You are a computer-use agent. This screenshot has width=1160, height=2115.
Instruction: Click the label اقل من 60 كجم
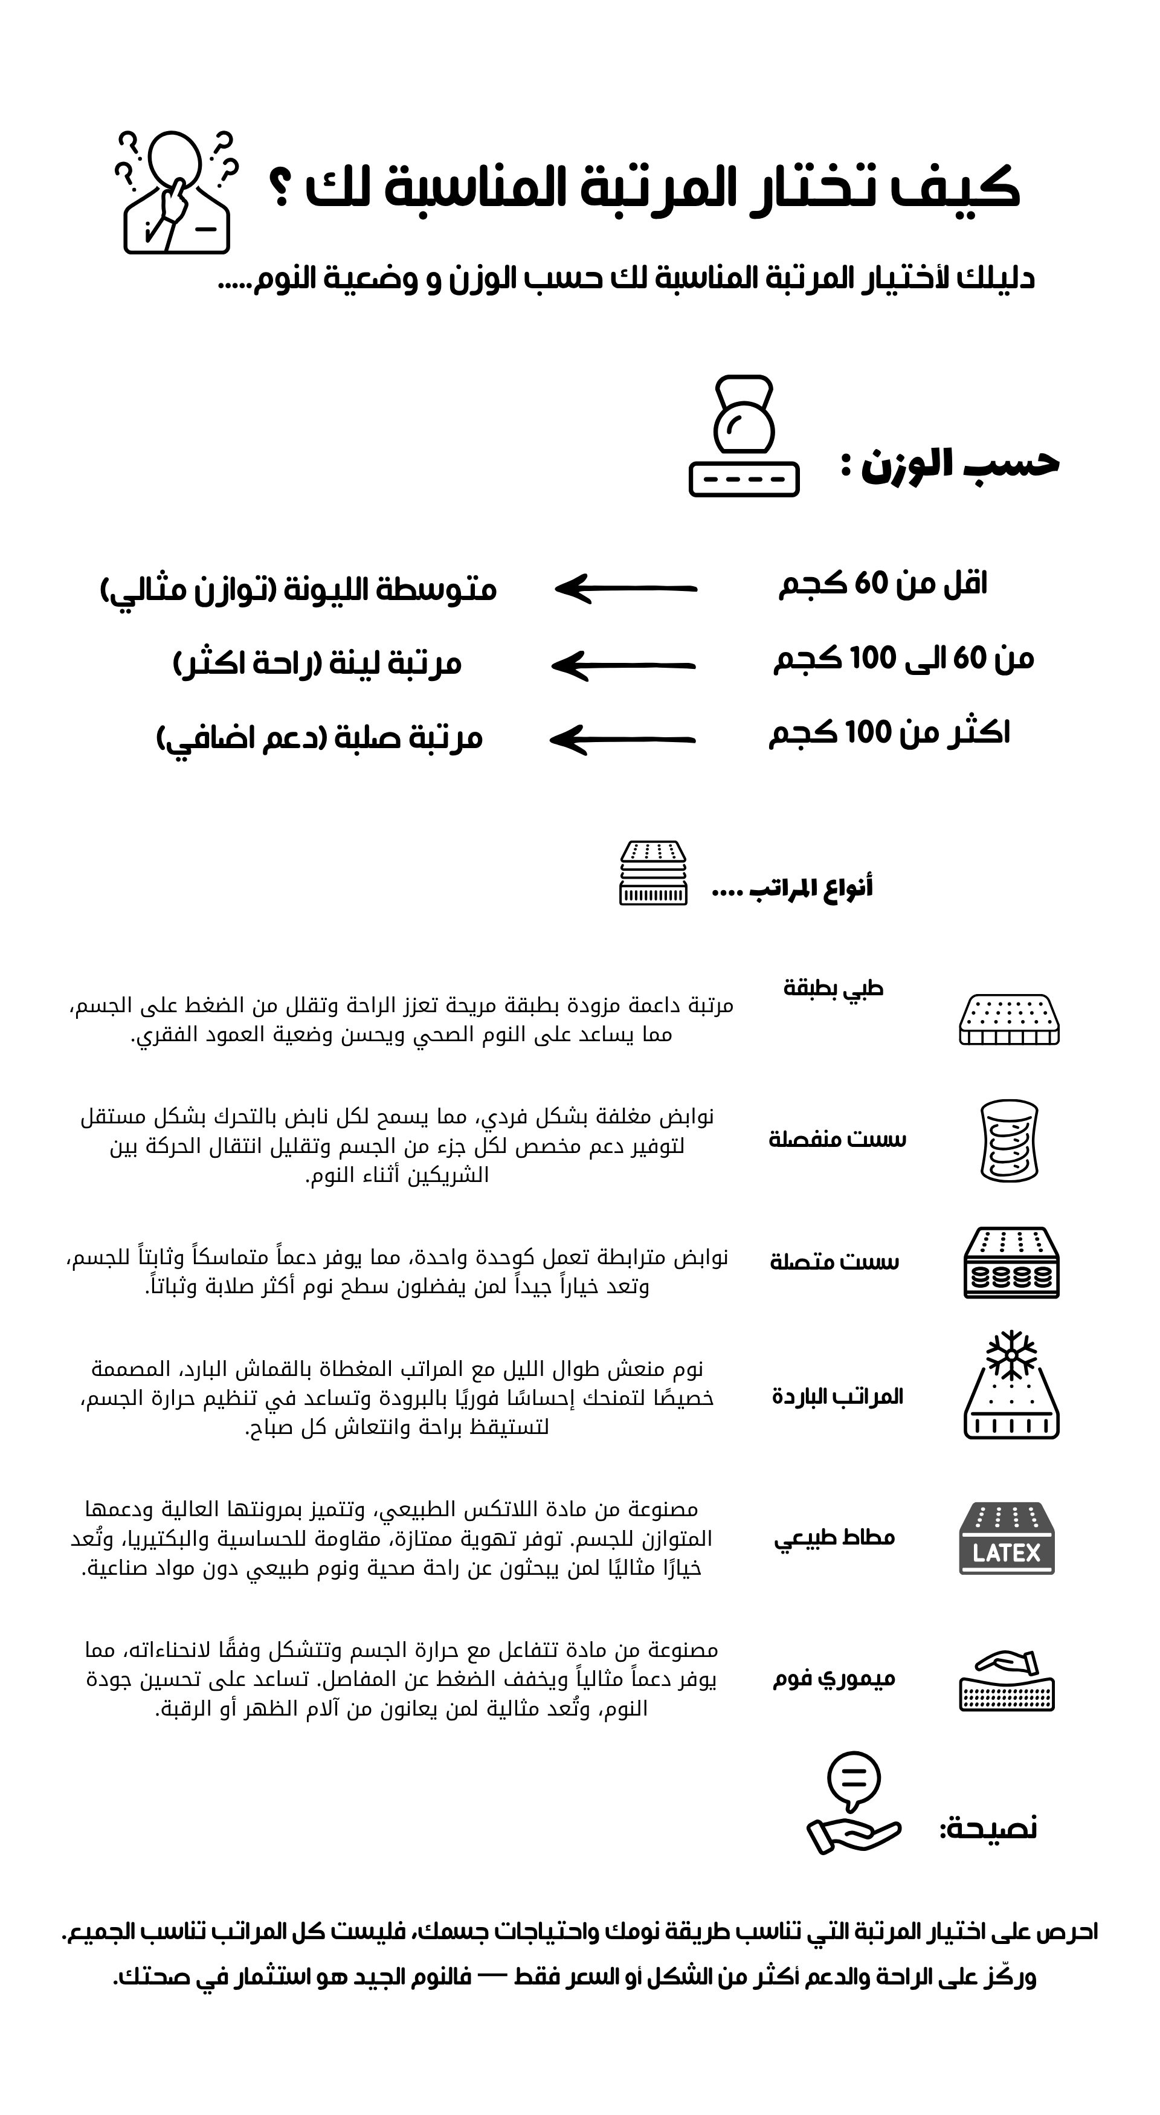click(883, 584)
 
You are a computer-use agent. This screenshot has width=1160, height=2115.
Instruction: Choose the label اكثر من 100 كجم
click(889, 732)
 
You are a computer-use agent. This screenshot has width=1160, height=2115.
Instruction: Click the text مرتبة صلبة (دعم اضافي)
click(320, 738)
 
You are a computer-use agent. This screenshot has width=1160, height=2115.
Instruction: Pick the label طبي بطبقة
click(833, 988)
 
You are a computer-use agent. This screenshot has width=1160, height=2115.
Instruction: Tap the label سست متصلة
click(834, 1261)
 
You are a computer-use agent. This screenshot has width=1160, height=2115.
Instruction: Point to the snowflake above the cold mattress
click(1011, 1354)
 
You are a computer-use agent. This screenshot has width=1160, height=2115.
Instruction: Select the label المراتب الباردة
click(837, 1397)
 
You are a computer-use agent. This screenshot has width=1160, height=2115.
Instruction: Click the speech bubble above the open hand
click(854, 1781)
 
